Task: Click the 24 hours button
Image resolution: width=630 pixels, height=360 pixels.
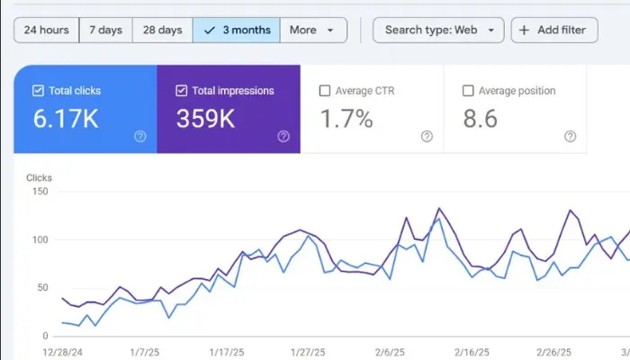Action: [46, 30]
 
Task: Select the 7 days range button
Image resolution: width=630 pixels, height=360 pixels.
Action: [105, 30]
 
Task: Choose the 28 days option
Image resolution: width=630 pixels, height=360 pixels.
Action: [162, 30]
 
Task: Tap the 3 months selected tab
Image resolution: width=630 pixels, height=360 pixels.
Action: [237, 30]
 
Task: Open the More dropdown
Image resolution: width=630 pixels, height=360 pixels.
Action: [313, 30]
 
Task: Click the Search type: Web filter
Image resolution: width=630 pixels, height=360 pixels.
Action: [438, 30]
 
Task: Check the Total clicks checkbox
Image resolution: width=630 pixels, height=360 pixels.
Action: [38, 91]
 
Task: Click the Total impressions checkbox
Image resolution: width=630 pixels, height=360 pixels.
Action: [181, 91]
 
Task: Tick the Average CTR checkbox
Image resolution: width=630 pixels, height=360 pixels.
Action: [325, 91]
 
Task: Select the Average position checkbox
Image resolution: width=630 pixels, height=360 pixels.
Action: [468, 91]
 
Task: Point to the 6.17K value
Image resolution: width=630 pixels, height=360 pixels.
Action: [66, 119]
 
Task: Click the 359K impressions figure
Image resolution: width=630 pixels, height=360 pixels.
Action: [205, 119]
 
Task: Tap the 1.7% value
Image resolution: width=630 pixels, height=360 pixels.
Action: [346, 119]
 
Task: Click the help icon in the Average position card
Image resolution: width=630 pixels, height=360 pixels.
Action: [570, 137]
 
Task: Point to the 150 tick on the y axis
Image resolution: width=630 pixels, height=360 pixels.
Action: [40, 191]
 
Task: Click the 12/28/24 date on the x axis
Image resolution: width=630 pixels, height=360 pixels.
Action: [62, 353]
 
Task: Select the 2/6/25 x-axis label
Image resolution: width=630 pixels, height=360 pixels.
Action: [390, 353]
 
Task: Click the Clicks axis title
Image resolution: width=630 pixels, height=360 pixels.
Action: [39, 177]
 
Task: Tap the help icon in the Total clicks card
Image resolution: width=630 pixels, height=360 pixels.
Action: [140, 137]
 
